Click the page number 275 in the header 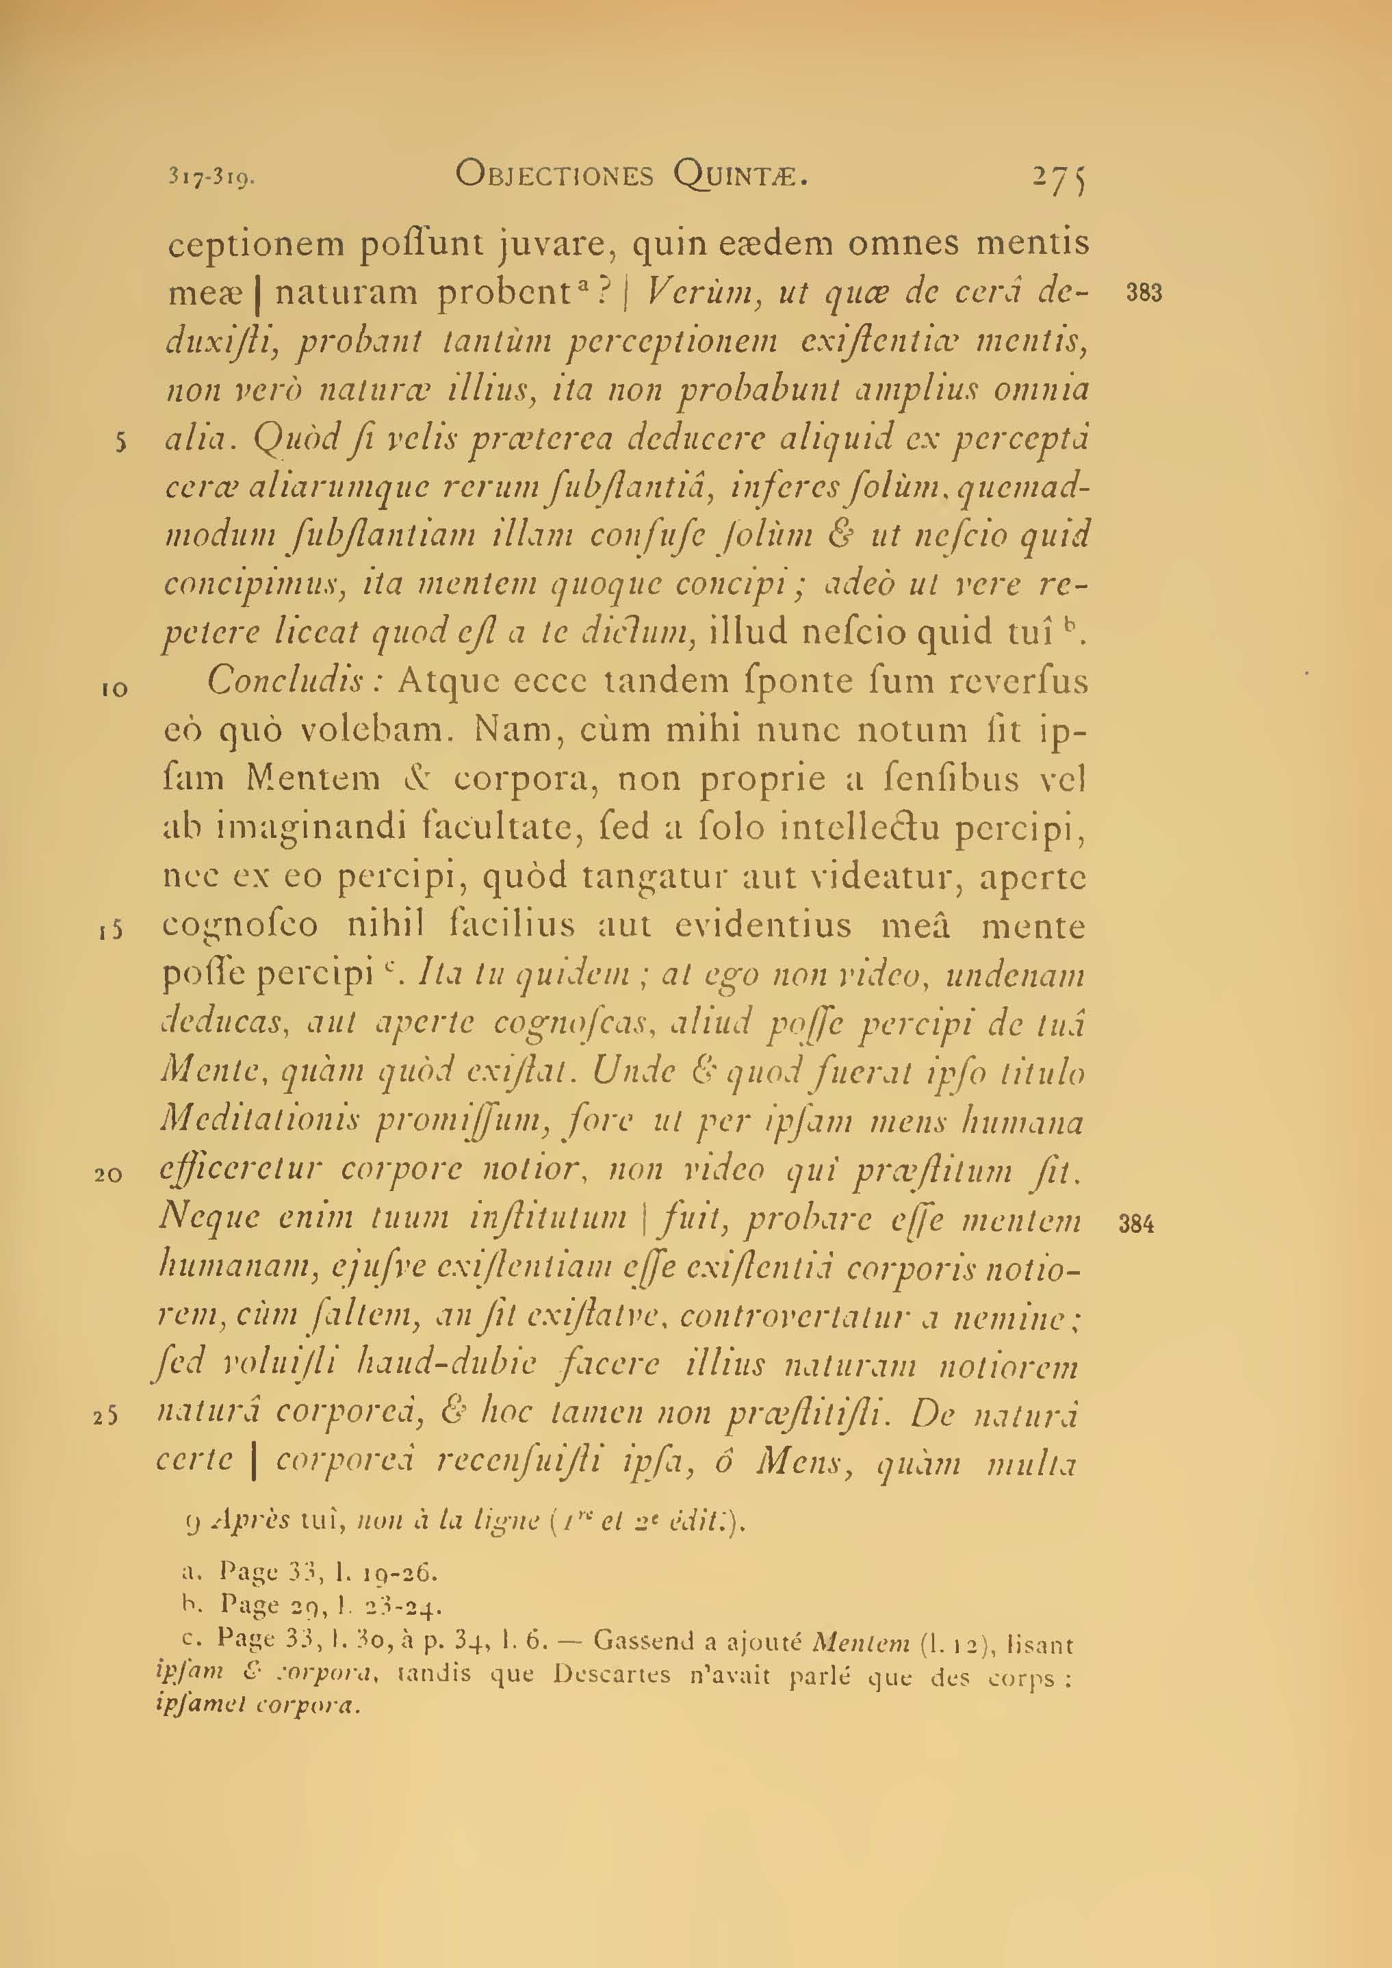(x=1059, y=177)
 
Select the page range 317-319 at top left (x=211, y=178)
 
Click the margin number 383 (x=1144, y=293)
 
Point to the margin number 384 (x=1137, y=1224)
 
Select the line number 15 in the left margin (x=112, y=932)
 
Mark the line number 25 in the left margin (x=105, y=1418)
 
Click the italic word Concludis (x=295, y=681)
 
